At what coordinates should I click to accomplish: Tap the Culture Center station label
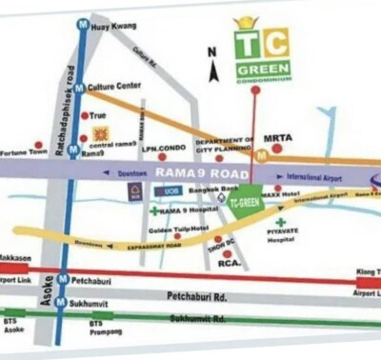pos(116,86)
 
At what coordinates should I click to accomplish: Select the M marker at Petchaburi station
pos(63,280)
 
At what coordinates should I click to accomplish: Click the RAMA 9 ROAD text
pos(200,172)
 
